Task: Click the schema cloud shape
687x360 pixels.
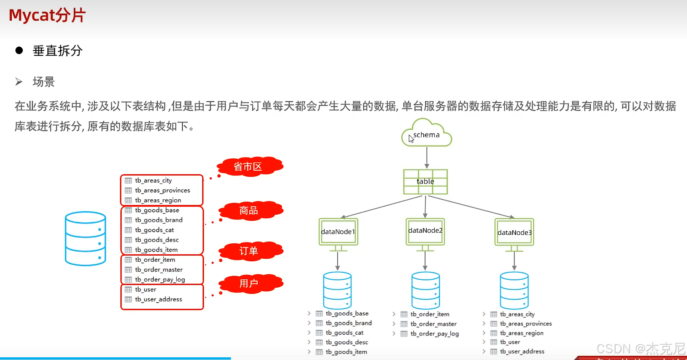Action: click(427, 134)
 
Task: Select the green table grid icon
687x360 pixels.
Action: click(426, 182)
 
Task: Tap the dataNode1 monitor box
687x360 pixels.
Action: click(338, 231)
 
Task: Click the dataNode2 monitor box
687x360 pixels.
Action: click(425, 231)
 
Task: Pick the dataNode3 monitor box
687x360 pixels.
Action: click(514, 232)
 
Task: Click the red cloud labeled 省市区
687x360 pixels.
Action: click(249, 166)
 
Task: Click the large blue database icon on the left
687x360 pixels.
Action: click(85, 238)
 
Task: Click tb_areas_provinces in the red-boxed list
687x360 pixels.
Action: click(162, 190)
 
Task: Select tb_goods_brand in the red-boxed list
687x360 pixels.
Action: click(158, 220)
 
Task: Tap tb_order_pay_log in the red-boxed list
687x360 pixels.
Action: click(160, 279)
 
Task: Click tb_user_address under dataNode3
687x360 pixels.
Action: click(522, 351)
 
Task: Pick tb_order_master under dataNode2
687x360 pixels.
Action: click(433, 324)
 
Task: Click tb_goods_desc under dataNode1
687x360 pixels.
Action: click(346, 342)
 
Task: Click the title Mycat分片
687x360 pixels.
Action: click(47, 15)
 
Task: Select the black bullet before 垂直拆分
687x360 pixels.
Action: click(19, 50)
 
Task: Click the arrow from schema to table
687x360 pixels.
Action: click(427, 157)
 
